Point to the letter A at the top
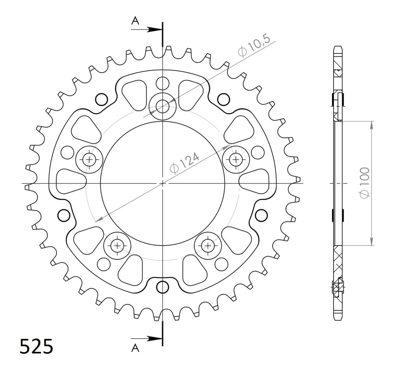tap(135, 21)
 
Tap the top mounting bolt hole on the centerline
tap(162, 106)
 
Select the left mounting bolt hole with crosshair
tap(89, 160)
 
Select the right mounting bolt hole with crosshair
tap(236, 160)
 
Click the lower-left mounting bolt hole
tap(117, 245)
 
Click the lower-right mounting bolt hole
tap(208, 245)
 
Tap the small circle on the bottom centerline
tap(162, 287)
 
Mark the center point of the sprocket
tap(162, 183)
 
